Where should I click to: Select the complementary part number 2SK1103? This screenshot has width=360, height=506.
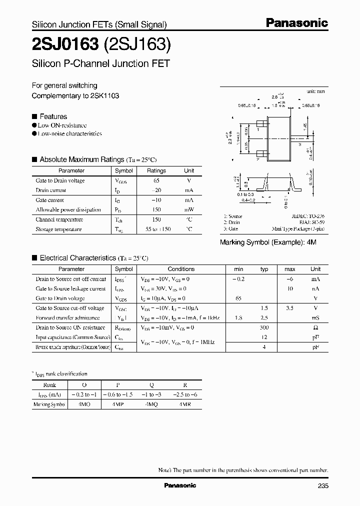104,95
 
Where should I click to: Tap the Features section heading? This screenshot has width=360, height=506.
53,116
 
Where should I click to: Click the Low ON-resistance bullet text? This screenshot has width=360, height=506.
62,125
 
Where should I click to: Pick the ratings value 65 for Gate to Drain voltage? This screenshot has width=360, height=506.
156,180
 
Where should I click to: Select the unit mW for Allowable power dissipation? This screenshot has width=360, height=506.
189,209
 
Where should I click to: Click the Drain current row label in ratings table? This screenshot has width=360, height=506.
50,190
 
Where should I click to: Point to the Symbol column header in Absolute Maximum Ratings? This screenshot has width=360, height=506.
124,170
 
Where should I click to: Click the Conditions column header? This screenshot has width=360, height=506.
181,269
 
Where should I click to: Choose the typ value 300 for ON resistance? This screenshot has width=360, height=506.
264,327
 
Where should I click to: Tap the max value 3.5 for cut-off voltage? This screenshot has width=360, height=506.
289,308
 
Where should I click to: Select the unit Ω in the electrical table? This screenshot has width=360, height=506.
315,327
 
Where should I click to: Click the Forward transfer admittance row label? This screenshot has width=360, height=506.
67,318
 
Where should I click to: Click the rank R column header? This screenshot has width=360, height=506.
185,385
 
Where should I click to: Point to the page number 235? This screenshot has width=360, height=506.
323,485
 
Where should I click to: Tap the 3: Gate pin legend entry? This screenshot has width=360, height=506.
230,228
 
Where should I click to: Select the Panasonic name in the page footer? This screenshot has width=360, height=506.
180,485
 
